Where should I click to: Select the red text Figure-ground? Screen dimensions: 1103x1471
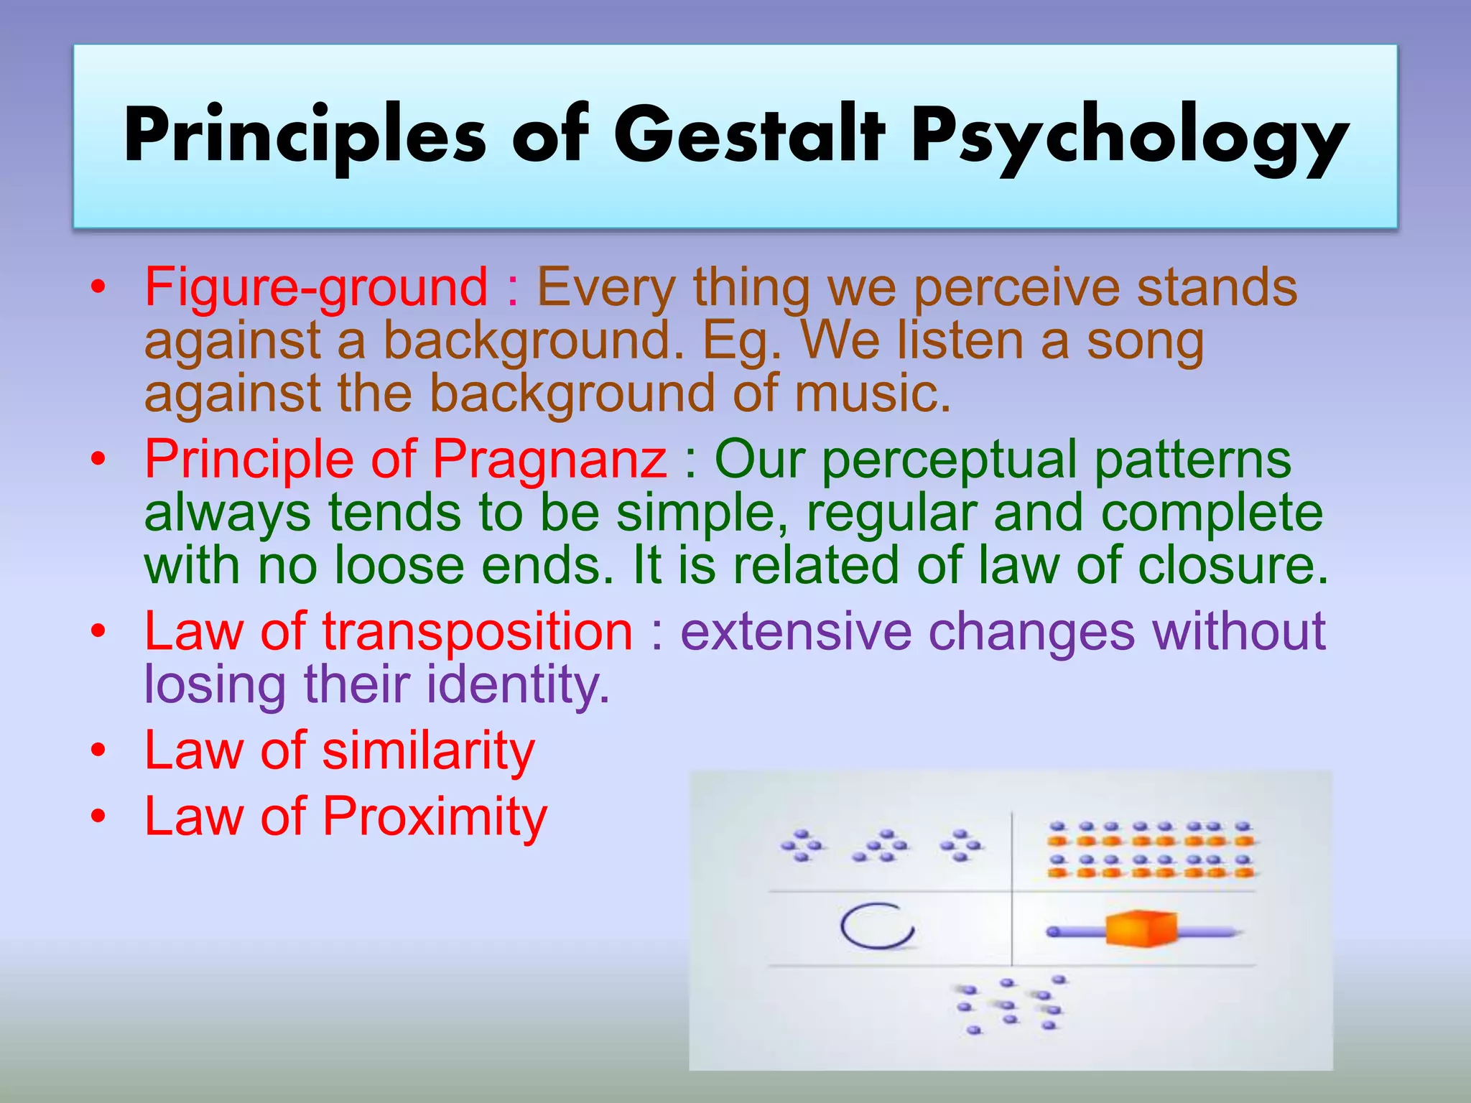coord(316,287)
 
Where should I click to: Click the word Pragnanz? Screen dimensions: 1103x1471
coord(549,460)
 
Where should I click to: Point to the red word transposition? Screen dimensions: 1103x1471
coord(478,632)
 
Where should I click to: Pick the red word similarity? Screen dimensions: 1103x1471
coord(429,751)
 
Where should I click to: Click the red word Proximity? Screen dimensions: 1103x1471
coord(435,817)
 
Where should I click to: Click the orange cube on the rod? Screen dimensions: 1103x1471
coord(1141,929)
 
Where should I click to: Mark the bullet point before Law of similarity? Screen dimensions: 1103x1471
coord(98,752)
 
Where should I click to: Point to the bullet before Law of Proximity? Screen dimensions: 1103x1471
coord(98,817)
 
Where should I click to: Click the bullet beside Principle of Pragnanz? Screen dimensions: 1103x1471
coord(98,460)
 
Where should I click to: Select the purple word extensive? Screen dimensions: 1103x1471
coord(796,632)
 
